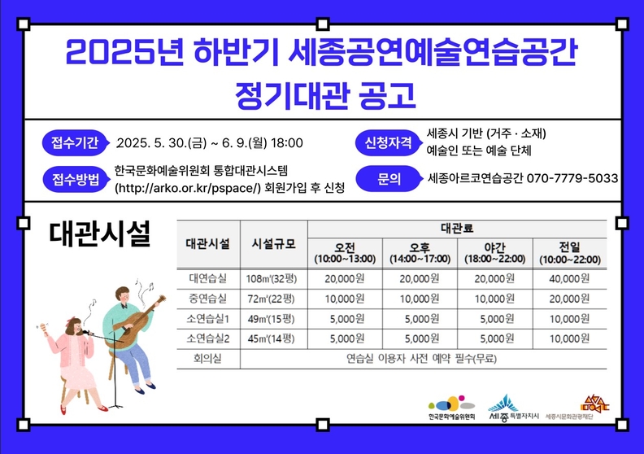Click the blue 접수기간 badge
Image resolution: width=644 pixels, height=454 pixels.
pos(75,143)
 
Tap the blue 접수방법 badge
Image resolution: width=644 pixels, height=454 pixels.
pos(76,180)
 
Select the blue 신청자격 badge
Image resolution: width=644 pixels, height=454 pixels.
pos(389,142)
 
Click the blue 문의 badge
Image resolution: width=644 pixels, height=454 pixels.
pos(389,179)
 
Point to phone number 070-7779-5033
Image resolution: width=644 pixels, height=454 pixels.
pos(572,178)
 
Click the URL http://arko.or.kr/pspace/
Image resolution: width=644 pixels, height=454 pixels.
pos(188,188)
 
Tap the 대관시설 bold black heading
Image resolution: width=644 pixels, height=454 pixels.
pos(100,234)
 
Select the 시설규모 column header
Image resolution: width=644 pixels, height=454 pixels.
pos(273,244)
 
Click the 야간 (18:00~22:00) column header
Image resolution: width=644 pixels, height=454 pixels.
pos(495,253)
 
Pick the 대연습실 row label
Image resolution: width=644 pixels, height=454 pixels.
pos(208,278)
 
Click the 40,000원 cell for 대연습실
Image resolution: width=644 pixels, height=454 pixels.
pos(569,278)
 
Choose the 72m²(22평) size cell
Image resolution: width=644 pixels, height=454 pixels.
pos(271,299)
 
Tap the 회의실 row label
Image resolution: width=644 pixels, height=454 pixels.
pos(207,359)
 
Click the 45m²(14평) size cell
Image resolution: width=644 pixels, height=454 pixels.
pos(271,338)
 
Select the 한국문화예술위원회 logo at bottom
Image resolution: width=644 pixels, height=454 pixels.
pos(451,408)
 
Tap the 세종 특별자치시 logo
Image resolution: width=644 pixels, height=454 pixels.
pos(513,408)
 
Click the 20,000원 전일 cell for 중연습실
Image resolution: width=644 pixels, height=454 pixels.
pos(569,299)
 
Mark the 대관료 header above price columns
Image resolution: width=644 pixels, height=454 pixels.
pos(457,229)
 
